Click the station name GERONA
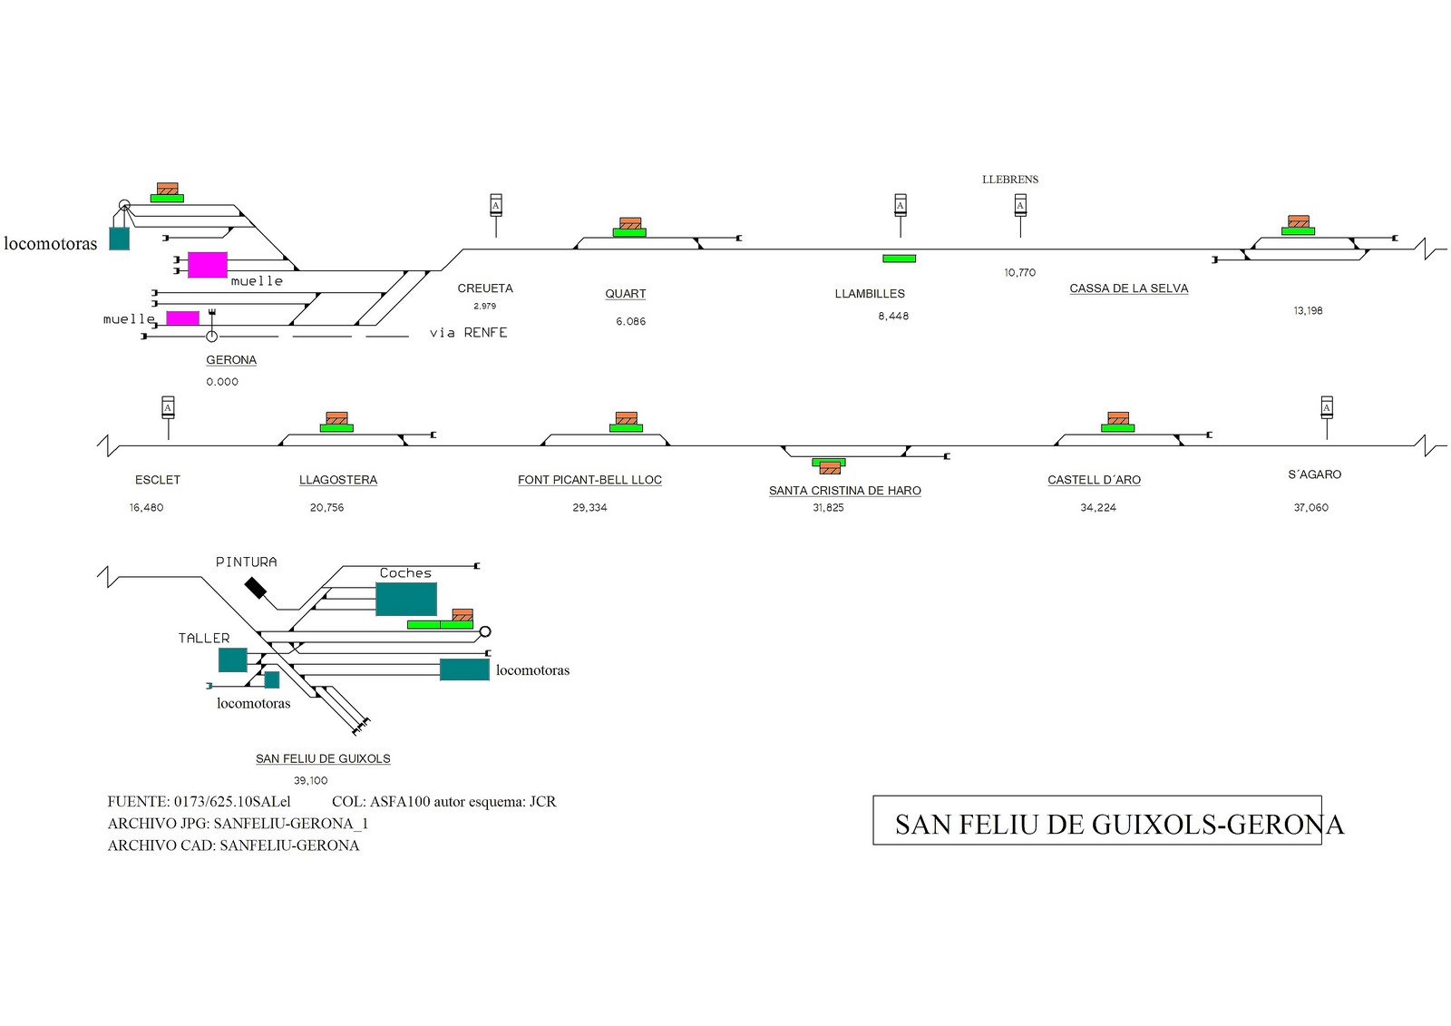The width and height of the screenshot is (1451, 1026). (x=231, y=360)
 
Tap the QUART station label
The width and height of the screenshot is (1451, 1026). (x=625, y=294)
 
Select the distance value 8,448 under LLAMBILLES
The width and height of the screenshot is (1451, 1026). (x=893, y=317)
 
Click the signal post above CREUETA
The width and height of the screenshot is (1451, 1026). (x=496, y=215)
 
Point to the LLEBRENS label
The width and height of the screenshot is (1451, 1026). (x=1010, y=180)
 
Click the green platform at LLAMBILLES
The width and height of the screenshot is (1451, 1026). (x=899, y=259)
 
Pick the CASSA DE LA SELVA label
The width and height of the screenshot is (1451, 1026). (x=1128, y=288)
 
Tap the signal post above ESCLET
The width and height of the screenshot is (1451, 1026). (x=168, y=418)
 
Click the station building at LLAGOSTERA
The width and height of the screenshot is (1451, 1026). (x=336, y=418)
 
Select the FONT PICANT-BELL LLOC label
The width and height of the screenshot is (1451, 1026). (x=589, y=480)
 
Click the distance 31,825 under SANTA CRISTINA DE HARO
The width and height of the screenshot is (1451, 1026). (x=829, y=507)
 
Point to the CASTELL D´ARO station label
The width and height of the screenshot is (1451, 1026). (x=1094, y=480)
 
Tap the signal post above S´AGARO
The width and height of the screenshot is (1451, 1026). (x=1327, y=418)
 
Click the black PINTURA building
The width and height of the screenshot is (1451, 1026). (x=255, y=588)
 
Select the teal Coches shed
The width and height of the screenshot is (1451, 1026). (x=406, y=599)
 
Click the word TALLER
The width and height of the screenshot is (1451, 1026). (x=204, y=639)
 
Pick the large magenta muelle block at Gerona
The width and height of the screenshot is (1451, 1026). (x=208, y=265)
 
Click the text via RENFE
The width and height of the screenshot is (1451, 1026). (x=468, y=333)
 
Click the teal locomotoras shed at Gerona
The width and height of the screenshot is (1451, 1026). (x=119, y=239)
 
